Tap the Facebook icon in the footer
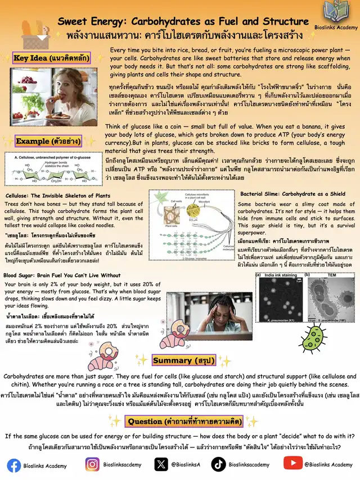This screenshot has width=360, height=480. pyautogui.click(x=14, y=465)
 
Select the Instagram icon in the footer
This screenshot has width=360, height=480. pyautogui.click(x=92, y=465)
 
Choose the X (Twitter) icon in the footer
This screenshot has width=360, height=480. pyautogui.click(x=161, y=465)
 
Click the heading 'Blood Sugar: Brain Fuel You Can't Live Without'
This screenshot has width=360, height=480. pyautogui.click(x=62, y=275)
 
